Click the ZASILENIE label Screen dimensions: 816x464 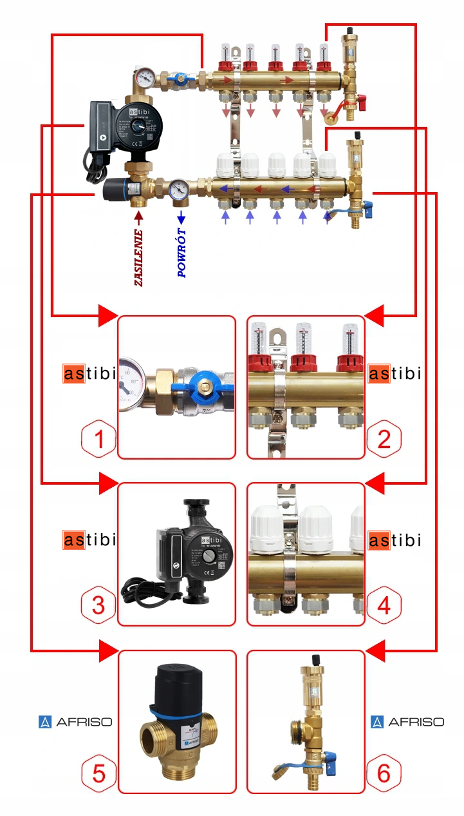[x=138, y=257]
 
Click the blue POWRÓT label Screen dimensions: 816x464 [x=181, y=253]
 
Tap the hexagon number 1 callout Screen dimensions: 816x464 [x=98, y=439]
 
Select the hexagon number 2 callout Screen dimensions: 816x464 [x=384, y=439]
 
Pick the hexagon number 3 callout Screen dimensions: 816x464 [x=98, y=605]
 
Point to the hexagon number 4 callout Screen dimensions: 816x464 [x=384, y=605]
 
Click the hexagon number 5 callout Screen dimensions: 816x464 [x=98, y=773]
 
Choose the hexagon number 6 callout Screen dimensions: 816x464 [x=384, y=773]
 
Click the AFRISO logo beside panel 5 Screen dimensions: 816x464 [x=75, y=722]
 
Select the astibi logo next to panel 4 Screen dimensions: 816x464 [x=394, y=539]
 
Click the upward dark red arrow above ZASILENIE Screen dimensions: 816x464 [x=138, y=217]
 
